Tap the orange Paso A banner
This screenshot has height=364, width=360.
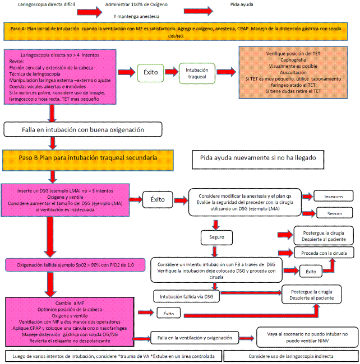(180, 31)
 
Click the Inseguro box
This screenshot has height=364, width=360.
(333, 197)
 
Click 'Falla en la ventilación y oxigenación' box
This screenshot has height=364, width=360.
(195, 338)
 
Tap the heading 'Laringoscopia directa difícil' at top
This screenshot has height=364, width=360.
(47, 4)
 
